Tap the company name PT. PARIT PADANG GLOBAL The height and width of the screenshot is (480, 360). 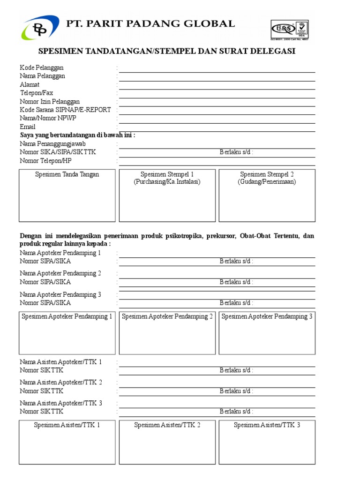150,23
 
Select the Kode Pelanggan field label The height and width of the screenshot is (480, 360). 42,67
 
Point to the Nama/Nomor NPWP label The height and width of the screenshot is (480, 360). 48,118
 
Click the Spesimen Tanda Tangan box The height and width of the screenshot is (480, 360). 67,195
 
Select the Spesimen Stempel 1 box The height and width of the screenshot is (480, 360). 167,195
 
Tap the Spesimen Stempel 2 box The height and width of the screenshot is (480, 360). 267,195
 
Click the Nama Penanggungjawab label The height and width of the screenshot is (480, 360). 52,144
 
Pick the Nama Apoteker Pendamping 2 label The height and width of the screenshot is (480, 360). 60,273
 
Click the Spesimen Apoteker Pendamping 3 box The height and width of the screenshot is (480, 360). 267,333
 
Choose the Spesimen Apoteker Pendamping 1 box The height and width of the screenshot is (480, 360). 67,333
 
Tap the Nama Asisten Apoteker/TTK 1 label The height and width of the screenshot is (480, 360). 61,362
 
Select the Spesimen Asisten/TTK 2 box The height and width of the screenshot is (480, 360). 167,442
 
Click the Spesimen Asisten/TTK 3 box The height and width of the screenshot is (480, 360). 267,442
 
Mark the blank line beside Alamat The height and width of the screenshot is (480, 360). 217,88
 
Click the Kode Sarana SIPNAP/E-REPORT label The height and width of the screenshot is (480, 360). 65,110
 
